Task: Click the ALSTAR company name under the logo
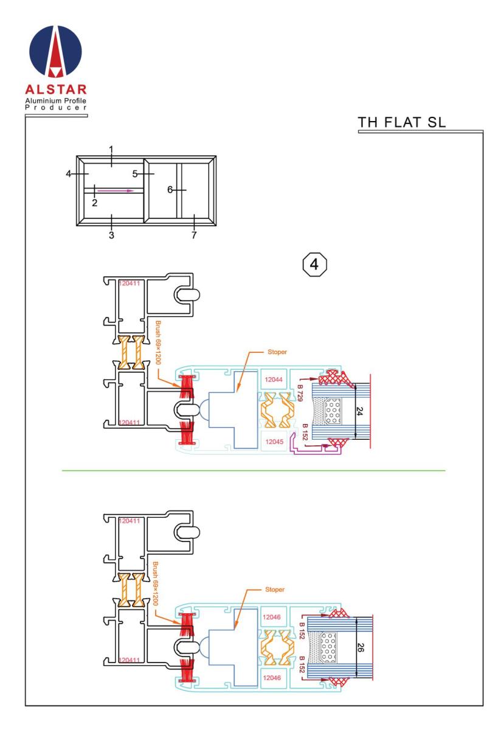click(x=56, y=89)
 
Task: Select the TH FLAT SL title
click(x=402, y=122)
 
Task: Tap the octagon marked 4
click(x=314, y=264)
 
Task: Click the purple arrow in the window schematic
click(x=116, y=190)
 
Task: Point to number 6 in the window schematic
click(x=170, y=190)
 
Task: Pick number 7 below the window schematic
click(x=194, y=235)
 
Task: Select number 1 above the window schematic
click(x=111, y=150)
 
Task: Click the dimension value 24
click(x=359, y=411)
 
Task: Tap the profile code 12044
click(x=274, y=380)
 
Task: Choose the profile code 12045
click(x=274, y=442)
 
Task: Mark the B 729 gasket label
click(x=300, y=393)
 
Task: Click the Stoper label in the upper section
click(x=277, y=352)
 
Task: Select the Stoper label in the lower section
click(x=275, y=589)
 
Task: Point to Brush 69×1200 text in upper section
click(x=158, y=342)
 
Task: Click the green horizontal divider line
click(x=254, y=471)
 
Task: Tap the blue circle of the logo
click(x=56, y=51)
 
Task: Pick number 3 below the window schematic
click(x=111, y=235)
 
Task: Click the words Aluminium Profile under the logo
click(x=56, y=100)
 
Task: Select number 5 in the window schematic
click(x=135, y=174)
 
